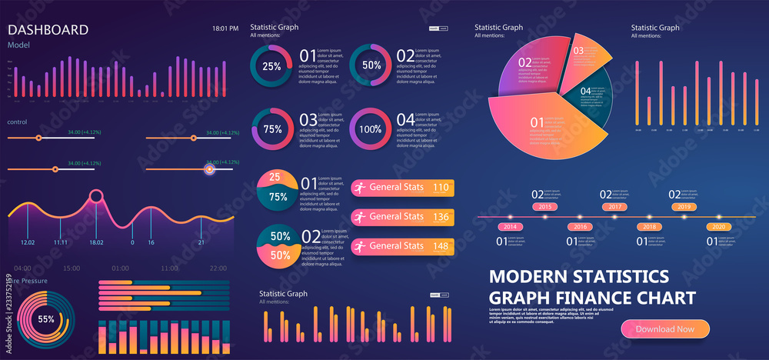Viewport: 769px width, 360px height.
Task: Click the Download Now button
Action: click(x=664, y=328)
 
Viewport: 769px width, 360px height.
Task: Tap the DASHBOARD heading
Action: click(x=48, y=30)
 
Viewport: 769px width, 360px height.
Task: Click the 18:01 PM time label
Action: click(x=225, y=28)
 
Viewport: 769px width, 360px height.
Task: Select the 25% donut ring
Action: click(x=271, y=66)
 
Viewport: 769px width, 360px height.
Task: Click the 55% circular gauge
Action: click(x=46, y=318)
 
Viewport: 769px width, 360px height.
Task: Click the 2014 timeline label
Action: click(x=509, y=227)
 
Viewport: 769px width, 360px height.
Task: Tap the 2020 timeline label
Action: click(x=717, y=227)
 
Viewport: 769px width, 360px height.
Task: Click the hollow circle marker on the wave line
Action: click(x=96, y=196)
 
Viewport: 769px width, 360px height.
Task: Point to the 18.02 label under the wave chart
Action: click(x=95, y=242)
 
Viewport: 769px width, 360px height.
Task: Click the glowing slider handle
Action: click(x=209, y=169)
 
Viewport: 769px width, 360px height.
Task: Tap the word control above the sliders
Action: click(x=18, y=122)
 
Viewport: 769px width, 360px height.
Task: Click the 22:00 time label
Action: click(x=218, y=268)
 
